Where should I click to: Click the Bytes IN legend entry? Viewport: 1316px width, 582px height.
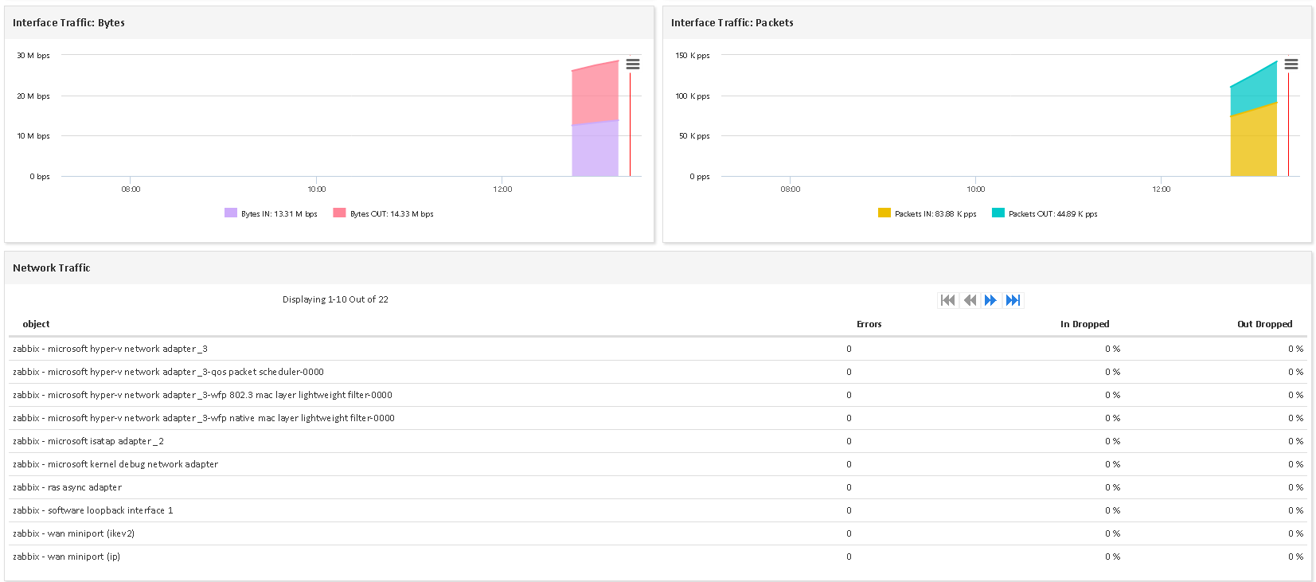pos(271,213)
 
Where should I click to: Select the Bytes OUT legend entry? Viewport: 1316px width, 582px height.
pos(384,213)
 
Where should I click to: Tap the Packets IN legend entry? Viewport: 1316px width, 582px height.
pos(927,213)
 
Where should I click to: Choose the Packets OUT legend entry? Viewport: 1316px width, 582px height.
pos(1045,213)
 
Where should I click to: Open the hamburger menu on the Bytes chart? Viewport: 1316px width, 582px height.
pos(633,64)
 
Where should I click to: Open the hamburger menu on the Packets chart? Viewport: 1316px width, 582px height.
pos(1291,64)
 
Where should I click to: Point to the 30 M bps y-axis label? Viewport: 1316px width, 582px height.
pos(33,56)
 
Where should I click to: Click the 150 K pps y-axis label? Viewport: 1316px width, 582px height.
pos(693,56)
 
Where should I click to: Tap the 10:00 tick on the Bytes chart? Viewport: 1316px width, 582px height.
pos(317,189)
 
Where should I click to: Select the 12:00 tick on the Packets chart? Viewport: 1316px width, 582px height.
pos(1162,189)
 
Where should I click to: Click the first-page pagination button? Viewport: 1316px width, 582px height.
pos(947,300)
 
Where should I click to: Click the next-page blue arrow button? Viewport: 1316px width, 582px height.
pos(990,300)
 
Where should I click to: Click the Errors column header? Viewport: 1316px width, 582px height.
pos(869,324)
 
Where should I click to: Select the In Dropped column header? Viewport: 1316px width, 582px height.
pos(1084,324)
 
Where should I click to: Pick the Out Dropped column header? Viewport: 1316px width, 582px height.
pos(1264,324)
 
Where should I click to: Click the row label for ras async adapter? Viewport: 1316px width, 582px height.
pos(68,487)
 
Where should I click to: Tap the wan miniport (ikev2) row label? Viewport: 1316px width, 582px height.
pos(74,533)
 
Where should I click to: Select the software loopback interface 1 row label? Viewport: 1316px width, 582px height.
pos(93,510)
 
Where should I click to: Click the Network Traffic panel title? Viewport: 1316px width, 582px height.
pos(52,268)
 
